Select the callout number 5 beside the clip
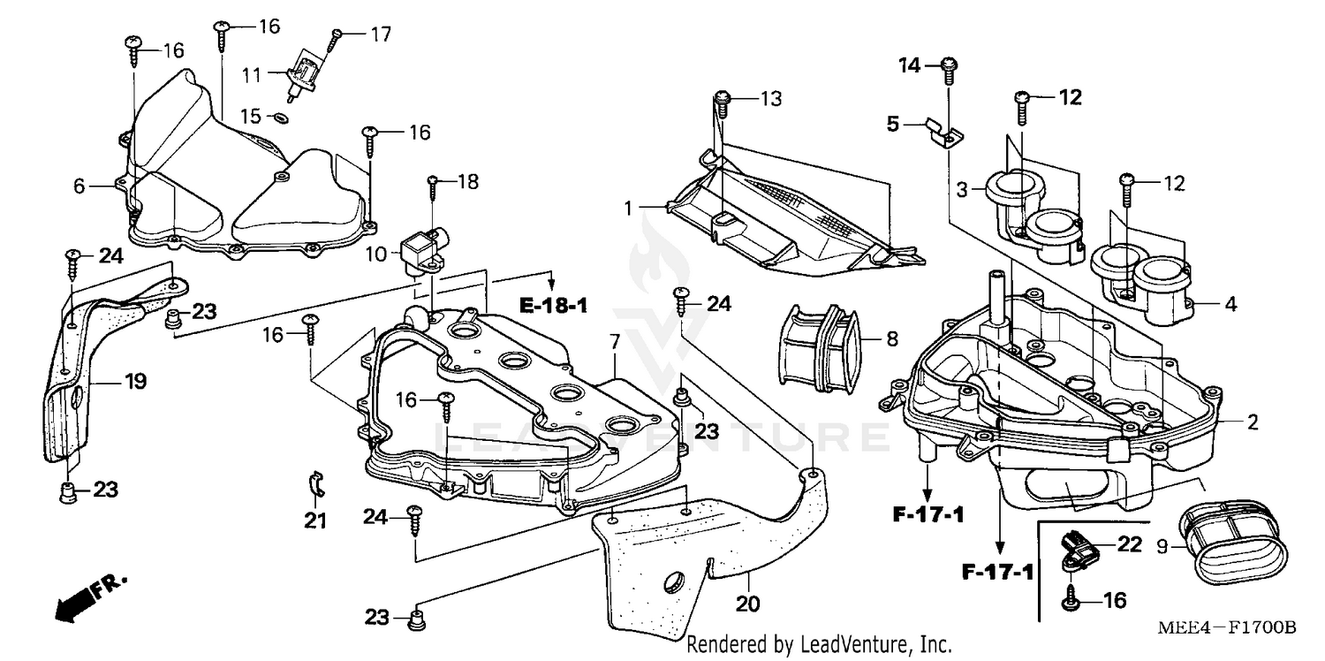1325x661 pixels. [893, 125]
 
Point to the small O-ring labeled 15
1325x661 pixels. [281, 118]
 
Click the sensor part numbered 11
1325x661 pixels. [301, 74]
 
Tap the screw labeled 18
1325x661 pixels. [433, 185]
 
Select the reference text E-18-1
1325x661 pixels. [553, 307]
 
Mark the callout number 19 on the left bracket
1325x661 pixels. [134, 382]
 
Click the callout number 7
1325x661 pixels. [615, 341]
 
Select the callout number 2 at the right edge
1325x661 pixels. [1252, 422]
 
